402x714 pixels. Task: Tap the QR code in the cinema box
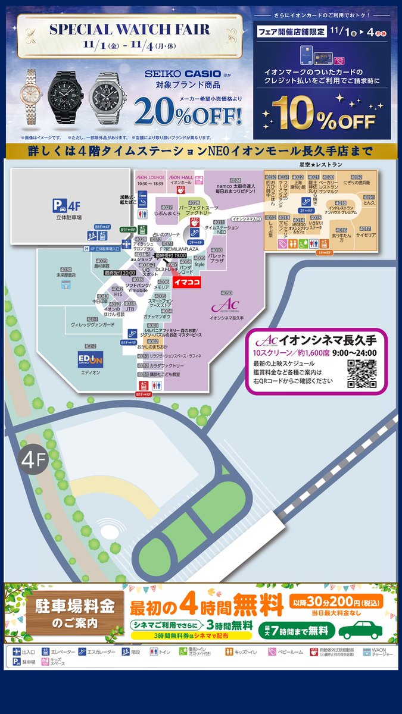[362, 374]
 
